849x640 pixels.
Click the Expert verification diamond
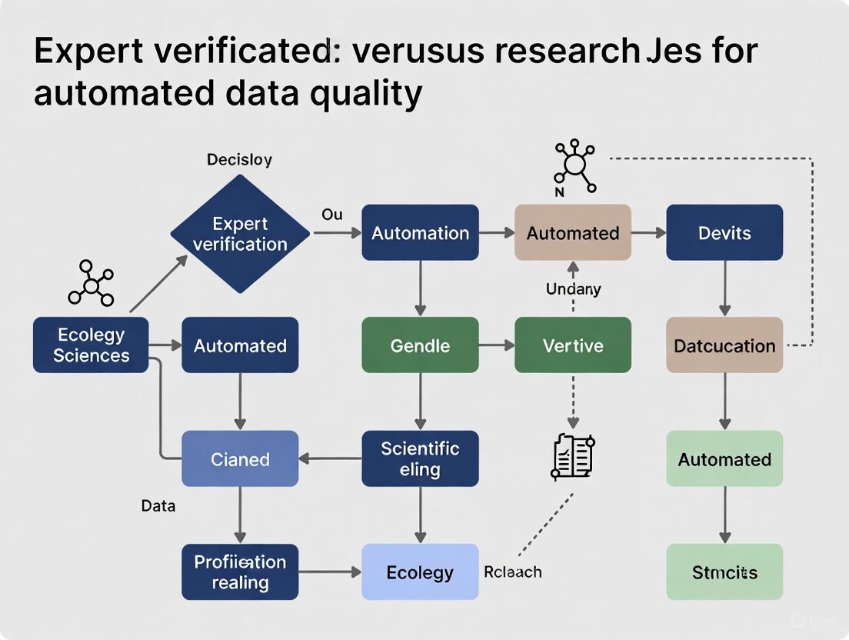click(x=240, y=233)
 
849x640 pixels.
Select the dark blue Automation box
click(x=420, y=232)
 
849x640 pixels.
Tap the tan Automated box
click(x=572, y=232)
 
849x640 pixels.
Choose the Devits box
click(x=724, y=232)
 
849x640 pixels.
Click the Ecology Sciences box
click(x=91, y=345)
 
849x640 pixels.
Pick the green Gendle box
click(x=420, y=345)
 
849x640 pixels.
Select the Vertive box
click(x=572, y=345)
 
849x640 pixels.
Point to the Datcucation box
click(x=724, y=345)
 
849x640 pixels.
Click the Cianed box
click(x=240, y=458)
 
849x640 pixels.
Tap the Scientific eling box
click(x=420, y=458)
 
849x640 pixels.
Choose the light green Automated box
click(x=724, y=458)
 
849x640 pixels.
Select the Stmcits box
click(x=724, y=572)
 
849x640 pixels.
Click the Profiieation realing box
click(x=240, y=572)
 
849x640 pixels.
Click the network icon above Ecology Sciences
click(x=91, y=284)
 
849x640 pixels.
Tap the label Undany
click(x=573, y=289)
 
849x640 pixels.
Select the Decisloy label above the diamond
click(x=239, y=160)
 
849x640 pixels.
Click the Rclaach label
click(x=513, y=572)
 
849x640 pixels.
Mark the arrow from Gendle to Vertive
click(x=497, y=345)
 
